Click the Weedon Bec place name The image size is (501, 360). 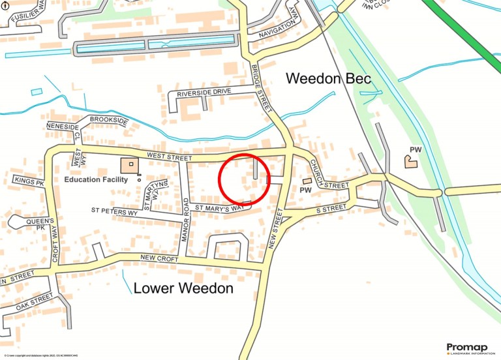click(x=329, y=79)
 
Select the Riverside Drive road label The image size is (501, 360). click(x=204, y=94)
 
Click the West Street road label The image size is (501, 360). click(x=169, y=157)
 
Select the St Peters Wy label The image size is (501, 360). click(x=114, y=211)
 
